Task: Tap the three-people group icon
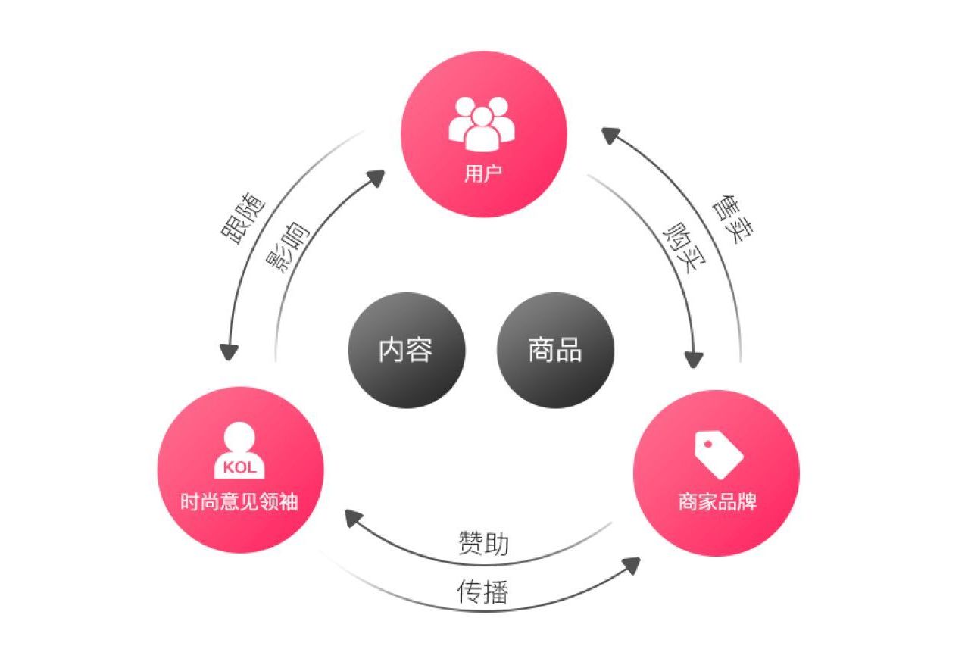coord(482,123)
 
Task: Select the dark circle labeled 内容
coord(406,351)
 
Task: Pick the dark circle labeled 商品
coord(555,351)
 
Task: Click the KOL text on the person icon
coord(240,468)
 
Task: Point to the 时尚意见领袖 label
coord(240,501)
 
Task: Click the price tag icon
coord(718,454)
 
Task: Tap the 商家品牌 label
coord(717,503)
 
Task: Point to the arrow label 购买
coord(680,245)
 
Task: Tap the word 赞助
coord(483,543)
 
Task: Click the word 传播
coord(482,591)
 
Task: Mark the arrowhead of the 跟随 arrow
coord(229,353)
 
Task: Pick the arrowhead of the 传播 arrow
coord(631,565)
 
